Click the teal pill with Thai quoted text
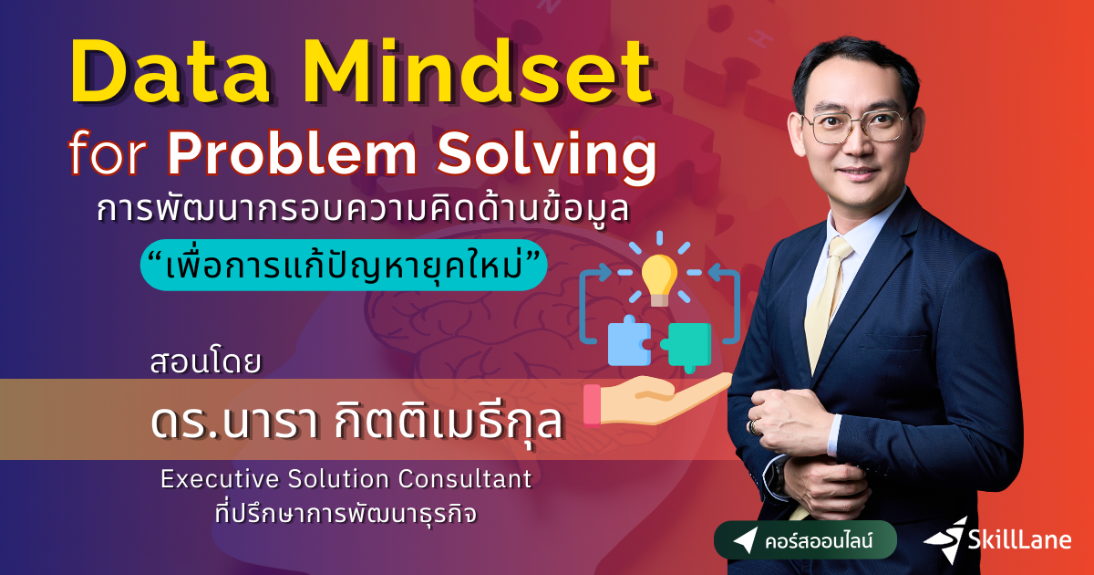pyautogui.click(x=343, y=263)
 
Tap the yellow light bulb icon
pyautogui.click(x=659, y=273)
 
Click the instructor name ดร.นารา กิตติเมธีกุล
pyautogui.click(x=356, y=424)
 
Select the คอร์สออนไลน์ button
pyautogui.click(x=805, y=540)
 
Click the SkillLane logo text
pyautogui.click(x=1021, y=539)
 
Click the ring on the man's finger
pyautogui.click(x=752, y=426)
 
